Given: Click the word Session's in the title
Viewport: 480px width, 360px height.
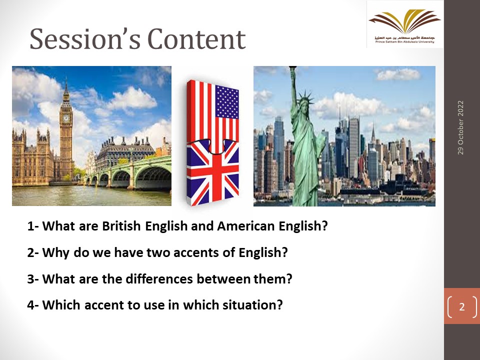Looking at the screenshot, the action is (85, 39).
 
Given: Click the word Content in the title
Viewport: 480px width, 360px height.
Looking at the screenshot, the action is (196, 39).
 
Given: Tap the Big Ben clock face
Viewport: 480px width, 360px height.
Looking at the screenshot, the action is (66, 118).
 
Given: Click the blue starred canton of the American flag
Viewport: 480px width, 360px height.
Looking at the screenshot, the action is (227, 102).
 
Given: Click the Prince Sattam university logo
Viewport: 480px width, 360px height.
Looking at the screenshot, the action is (405, 25).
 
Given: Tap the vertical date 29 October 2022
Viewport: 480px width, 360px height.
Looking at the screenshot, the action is (460, 127).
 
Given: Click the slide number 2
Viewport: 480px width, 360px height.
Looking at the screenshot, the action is (462, 306).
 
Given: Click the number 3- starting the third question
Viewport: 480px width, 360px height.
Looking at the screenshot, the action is (33, 279).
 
